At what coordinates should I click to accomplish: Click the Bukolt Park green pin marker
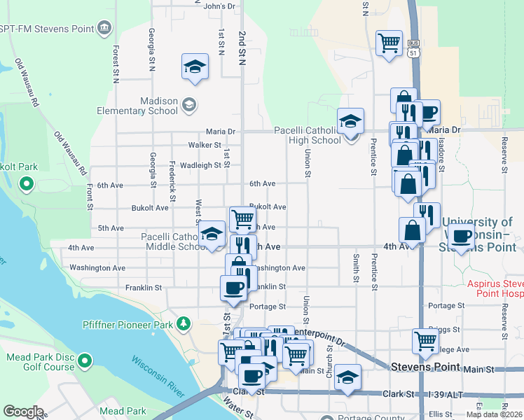pos(27,185)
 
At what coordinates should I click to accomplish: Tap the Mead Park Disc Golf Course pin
pos(85,361)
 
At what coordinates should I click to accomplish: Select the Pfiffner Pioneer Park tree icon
pos(184,323)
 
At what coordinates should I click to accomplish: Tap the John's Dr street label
pos(219,6)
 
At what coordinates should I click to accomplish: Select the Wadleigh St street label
pos(200,165)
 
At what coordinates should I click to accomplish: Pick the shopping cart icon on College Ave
pos(425,341)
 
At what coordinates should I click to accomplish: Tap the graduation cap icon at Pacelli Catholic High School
pos(350,121)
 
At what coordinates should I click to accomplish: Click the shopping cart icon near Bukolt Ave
pos(242,218)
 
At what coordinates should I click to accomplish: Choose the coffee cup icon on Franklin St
pos(233,287)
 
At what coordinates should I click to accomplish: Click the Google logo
pos(23,412)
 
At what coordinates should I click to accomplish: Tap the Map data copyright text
pos(495,414)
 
